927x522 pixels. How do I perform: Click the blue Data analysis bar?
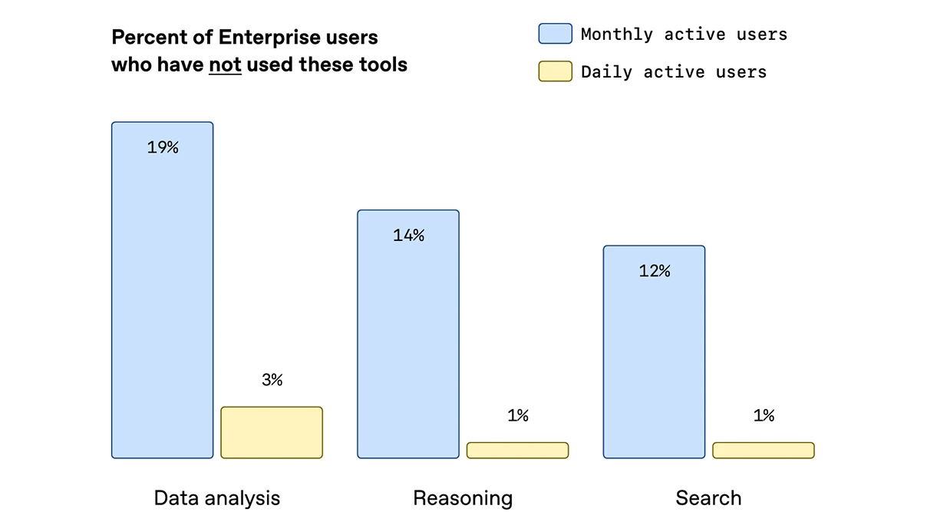click(x=162, y=307)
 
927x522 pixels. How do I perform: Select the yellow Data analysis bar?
click(x=272, y=432)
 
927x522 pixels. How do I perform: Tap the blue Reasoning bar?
click(x=408, y=345)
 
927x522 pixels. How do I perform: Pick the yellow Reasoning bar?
click(x=517, y=451)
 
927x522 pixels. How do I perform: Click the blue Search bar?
click(x=654, y=361)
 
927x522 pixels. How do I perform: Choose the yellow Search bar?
click(x=763, y=451)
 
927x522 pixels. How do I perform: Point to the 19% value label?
click(x=163, y=147)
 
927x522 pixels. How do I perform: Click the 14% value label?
click(x=408, y=236)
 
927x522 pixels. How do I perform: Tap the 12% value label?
click(x=655, y=271)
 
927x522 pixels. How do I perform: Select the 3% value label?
click(x=272, y=379)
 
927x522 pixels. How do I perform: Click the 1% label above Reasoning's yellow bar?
click(x=518, y=415)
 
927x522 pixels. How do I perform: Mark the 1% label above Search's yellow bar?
click(x=764, y=415)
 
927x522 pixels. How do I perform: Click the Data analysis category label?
click(x=217, y=498)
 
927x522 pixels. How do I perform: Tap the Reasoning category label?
click(x=463, y=498)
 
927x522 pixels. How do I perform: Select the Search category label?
click(x=708, y=498)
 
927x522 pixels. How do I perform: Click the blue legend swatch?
click(x=555, y=34)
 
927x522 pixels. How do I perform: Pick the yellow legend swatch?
click(x=555, y=71)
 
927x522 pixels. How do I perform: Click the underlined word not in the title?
click(x=225, y=64)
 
